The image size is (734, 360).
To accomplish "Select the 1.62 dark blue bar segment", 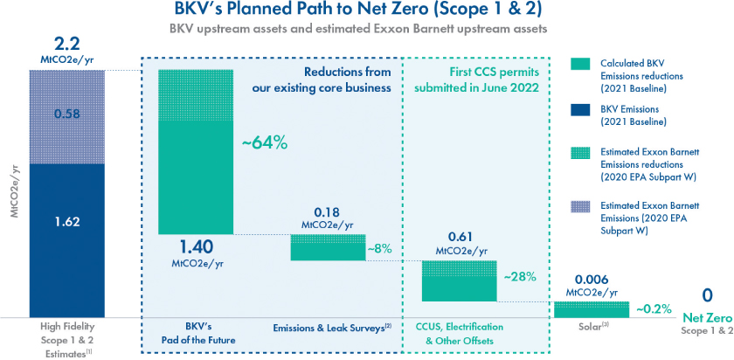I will click(x=66, y=221).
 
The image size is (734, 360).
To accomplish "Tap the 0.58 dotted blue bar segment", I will click(x=66, y=114).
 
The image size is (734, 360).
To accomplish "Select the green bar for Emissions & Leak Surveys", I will click(x=327, y=247).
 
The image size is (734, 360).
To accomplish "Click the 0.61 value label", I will click(x=460, y=238).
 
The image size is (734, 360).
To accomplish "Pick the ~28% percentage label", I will click(x=519, y=276).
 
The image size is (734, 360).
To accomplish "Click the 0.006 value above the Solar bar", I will click(x=592, y=281).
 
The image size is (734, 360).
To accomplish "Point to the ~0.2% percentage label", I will click(x=654, y=308).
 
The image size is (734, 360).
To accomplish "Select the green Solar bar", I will click(x=592, y=309).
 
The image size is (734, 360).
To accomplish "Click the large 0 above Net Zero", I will click(x=708, y=296).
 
